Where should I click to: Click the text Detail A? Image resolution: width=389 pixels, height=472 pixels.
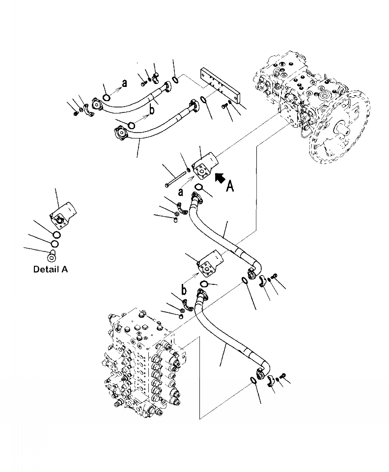51,269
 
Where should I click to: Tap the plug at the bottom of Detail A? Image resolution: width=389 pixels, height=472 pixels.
52,255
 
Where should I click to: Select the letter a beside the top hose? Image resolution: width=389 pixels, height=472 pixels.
124,83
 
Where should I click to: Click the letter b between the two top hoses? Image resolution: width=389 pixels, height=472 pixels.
152,110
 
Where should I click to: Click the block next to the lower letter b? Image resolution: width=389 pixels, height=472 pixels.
210,263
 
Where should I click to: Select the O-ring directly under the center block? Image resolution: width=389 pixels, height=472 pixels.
198,187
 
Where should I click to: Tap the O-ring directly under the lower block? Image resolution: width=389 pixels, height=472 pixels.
205,284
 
